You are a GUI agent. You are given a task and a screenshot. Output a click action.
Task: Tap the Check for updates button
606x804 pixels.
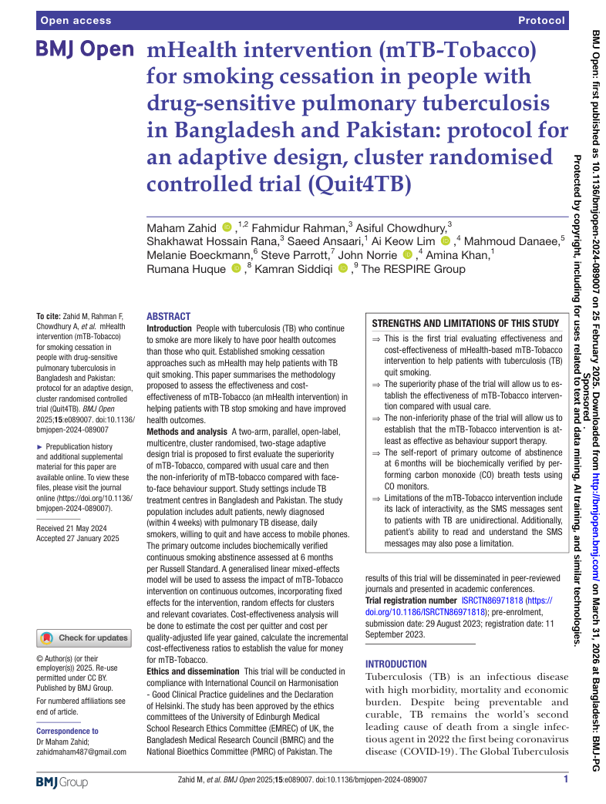click(85, 638)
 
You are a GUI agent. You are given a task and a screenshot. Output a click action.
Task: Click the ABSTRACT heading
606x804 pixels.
click(169, 317)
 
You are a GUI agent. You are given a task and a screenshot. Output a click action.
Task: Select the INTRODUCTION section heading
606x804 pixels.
click(396, 664)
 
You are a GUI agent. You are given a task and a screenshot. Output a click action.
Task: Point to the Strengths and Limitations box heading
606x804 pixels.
click(465, 324)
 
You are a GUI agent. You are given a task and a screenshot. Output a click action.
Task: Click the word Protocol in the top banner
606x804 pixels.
click(542, 20)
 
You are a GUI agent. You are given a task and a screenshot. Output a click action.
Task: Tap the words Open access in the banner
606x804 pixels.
click(76, 20)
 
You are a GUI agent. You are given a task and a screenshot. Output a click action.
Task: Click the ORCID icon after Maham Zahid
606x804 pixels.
click(227, 227)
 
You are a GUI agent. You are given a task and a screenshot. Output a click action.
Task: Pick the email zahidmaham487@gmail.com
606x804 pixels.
click(82, 752)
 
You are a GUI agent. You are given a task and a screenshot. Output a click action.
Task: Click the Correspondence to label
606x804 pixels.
click(68, 731)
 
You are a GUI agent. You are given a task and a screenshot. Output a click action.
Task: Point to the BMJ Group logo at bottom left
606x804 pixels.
click(62, 782)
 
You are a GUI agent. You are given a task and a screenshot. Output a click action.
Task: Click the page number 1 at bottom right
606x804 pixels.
click(565, 780)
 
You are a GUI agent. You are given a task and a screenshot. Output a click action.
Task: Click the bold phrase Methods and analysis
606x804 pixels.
click(187, 432)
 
